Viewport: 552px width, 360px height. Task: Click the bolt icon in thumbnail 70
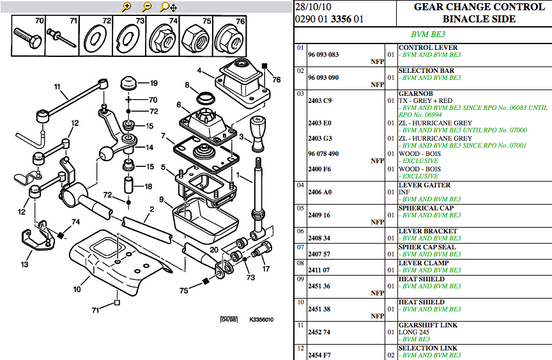pyautogui.click(x=27, y=40)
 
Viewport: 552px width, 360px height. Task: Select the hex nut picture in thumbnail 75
pyautogui.click(x=195, y=38)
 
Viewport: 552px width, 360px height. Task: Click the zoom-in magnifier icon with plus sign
pyautogui.click(x=126, y=6)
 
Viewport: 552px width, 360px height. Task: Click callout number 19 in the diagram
pyautogui.click(x=154, y=83)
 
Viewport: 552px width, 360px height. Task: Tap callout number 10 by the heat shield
pyautogui.click(x=77, y=289)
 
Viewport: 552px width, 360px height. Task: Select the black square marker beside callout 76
pyautogui.click(x=264, y=66)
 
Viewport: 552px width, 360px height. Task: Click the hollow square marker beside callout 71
pyautogui.click(x=117, y=302)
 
